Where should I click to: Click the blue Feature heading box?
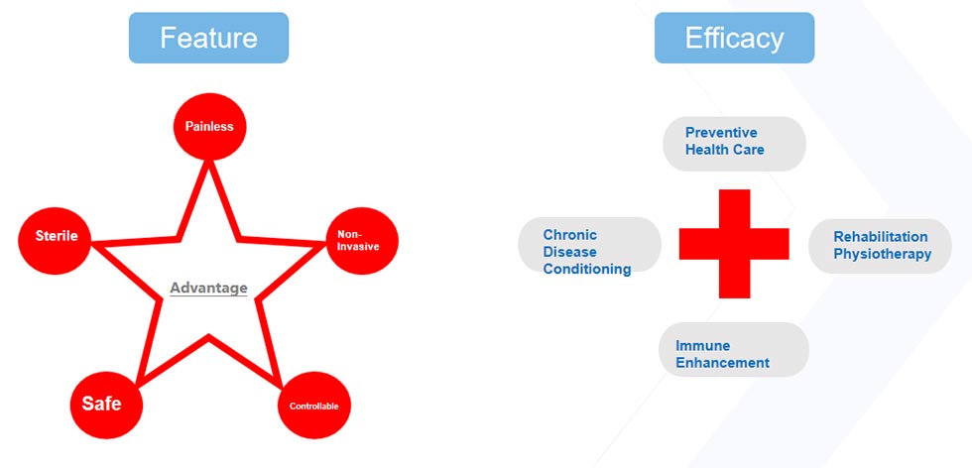pos(208,38)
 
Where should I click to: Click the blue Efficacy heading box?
pos(734,38)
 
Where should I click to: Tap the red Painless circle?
pos(209,126)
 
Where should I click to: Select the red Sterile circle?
pos(56,236)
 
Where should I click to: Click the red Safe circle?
pos(102,404)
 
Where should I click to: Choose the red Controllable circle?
pos(314,406)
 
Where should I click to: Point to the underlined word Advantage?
pos(208,289)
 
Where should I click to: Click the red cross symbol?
pos(734,243)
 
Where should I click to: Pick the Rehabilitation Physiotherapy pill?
pos(881,246)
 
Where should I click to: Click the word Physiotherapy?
pos(882,254)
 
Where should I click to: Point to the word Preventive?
pos(721,133)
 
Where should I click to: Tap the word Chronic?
pos(570,235)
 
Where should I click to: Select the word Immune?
pos(703,346)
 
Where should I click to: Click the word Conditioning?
pos(587,269)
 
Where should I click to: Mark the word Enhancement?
pos(722,363)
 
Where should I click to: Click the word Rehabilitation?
pos(881,237)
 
